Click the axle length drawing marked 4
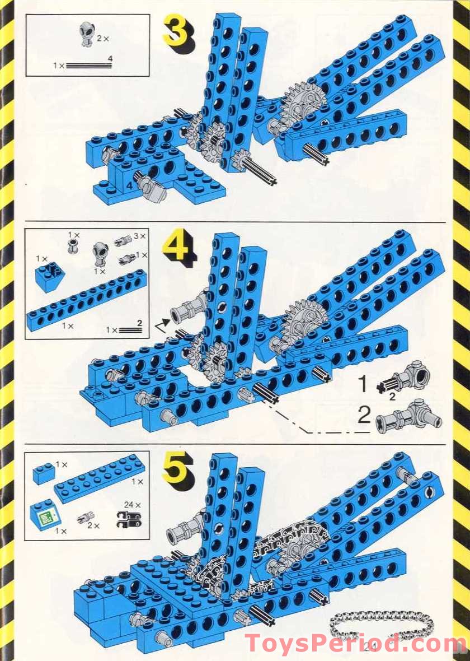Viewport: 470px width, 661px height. pyautogui.click(x=90, y=65)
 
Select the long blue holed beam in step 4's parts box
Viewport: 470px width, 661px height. pyautogui.click(x=87, y=300)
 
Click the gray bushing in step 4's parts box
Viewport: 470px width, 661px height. pyautogui.click(x=72, y=247)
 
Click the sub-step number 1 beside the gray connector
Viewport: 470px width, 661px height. pyautogui.click(x=363, y=385)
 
